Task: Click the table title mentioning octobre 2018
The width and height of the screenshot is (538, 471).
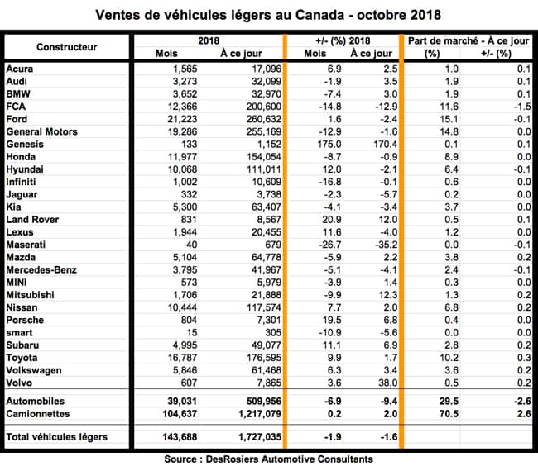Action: pos(268,15)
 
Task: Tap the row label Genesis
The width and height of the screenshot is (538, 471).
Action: pos(26,143)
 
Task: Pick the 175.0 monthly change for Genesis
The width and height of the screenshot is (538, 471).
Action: pos(316,143)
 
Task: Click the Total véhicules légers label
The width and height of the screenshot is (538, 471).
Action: pos(55,435)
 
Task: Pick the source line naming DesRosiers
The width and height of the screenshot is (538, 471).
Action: pos(268,459)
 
